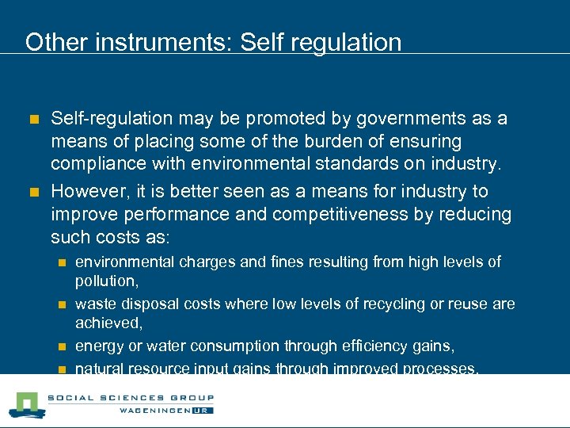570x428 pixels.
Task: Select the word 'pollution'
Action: pyautogui.click(x=104, y=281)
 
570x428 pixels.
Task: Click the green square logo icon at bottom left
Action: pyautogui.click(x=25, y=404)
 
